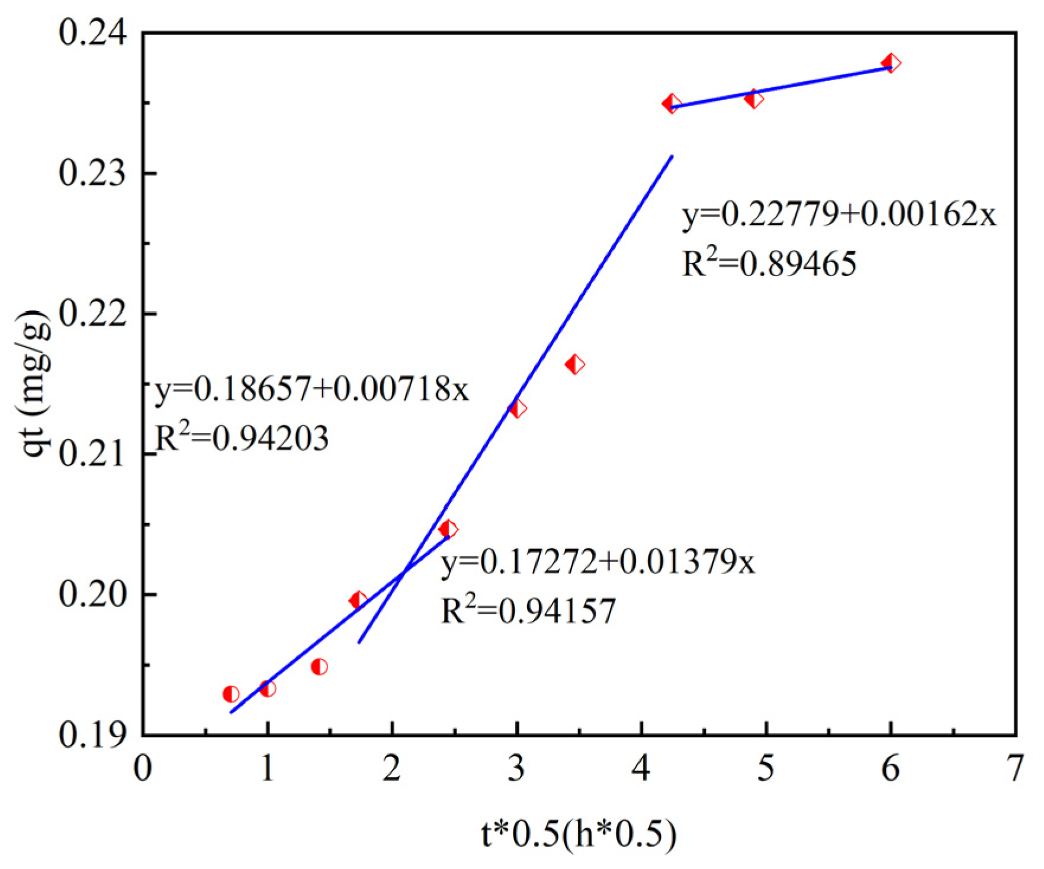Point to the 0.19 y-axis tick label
[93, 735]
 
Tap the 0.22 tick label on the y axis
[93, 313]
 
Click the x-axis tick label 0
[143, 769]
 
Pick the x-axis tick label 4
[641, 769]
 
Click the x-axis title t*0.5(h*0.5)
[579, 835]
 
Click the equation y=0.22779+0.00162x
[839, 215]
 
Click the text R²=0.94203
[241, 438]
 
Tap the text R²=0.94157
[528, 610]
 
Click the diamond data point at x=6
[891, 63]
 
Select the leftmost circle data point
[231, 694]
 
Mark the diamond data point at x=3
[517, 409]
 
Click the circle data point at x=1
[268, 688]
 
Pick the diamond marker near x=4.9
[753, 99]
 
